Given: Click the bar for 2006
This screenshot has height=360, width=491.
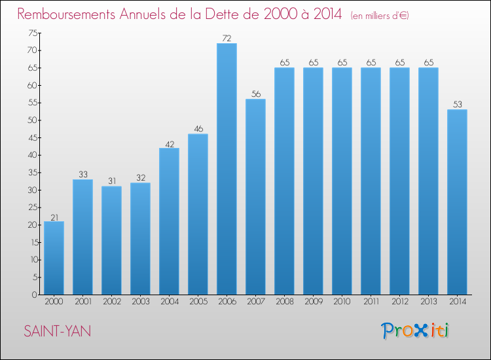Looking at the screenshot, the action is coord(227,169).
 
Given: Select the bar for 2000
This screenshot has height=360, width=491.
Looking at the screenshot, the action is coord(54,258).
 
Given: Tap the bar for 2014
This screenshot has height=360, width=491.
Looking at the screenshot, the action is coord(457,202).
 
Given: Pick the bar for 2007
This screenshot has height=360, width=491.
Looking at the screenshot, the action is coord(255,196).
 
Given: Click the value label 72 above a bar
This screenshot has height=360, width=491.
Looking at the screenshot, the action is coord(227,38).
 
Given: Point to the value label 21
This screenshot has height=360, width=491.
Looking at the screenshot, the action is coord(54,217).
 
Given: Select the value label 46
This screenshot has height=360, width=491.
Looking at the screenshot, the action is coord(198,129).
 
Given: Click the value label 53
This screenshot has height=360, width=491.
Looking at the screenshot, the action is coord(458,104).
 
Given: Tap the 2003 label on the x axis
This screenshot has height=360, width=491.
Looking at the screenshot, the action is coord(141,302).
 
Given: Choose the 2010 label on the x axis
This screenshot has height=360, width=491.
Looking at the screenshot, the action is coord(342,302).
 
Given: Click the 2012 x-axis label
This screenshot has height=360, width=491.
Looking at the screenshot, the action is coord(400,302).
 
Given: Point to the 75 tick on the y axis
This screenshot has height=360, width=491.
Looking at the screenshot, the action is coord(33,33).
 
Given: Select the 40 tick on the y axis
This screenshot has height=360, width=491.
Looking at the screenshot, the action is coord(33,155).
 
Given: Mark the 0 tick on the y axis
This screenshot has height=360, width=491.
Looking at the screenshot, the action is coord(35,295).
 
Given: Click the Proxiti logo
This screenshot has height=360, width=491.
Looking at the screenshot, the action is coord(415,331).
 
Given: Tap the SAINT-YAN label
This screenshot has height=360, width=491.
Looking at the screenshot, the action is coord(58,331).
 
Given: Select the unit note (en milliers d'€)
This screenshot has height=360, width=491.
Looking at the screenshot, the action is coord(380,16).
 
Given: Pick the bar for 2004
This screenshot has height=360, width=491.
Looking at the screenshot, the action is coord(169,221).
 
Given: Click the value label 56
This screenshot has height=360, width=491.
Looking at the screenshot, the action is coord(256,94).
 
